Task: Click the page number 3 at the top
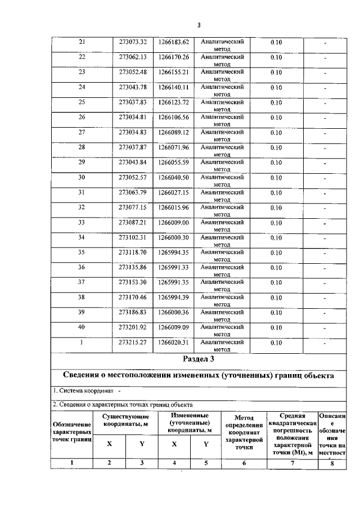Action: click(x=199, y=25)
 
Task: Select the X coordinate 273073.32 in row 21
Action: click(x=133, y=42)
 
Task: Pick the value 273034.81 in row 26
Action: click(x=133, y=118)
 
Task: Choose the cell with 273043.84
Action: click(x=133, y=163)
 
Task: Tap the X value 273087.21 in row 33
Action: click(x=133, y=222)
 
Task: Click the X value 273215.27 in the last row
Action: click(x=133, y=342)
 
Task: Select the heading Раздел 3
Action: click(x=199, y=358)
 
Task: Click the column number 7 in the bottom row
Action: click(x=292, y=463)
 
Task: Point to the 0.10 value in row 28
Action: click(x=276, y=147)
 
